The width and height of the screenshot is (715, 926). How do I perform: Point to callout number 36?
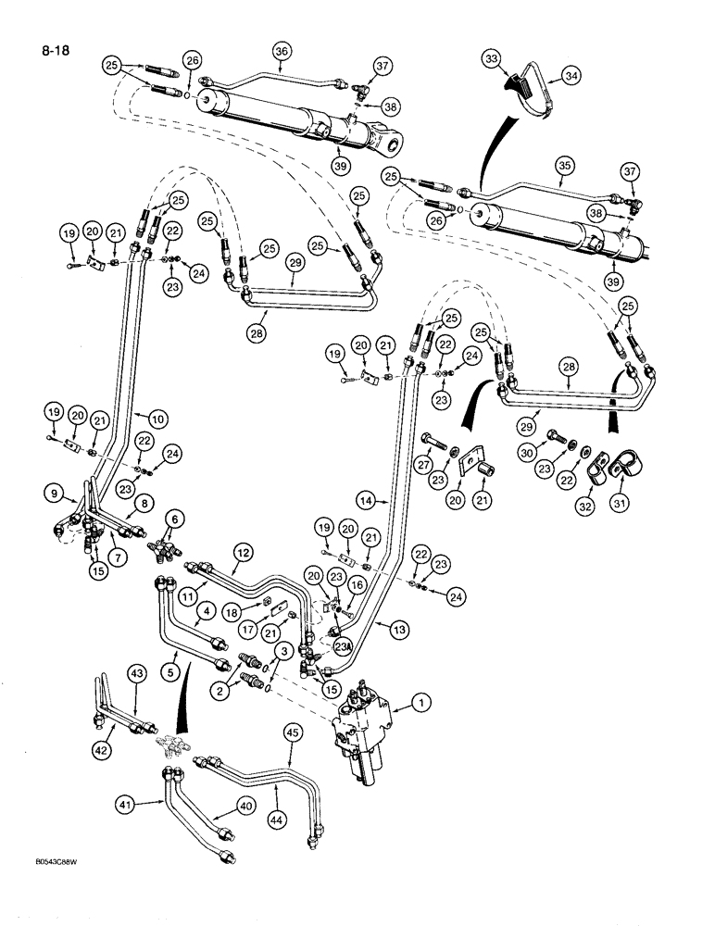coord(281,50)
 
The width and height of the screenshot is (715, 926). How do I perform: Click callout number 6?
coord(175,519)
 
